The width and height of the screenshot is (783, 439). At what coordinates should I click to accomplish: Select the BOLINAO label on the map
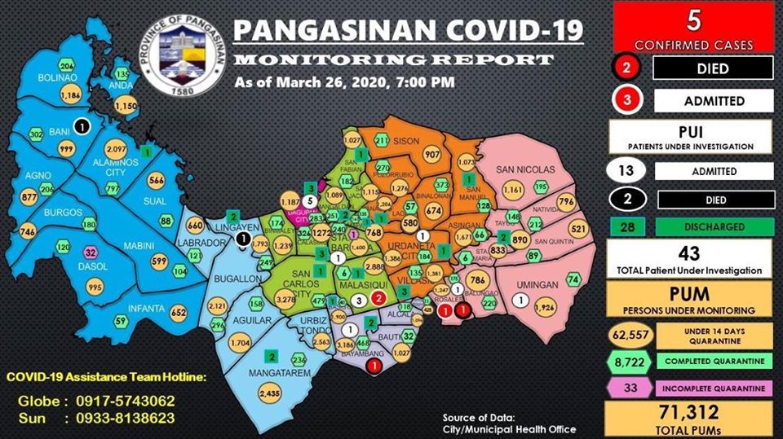55,78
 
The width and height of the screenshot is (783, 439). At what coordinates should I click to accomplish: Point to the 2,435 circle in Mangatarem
268,393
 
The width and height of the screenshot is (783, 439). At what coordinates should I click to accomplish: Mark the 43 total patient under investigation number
689,254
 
